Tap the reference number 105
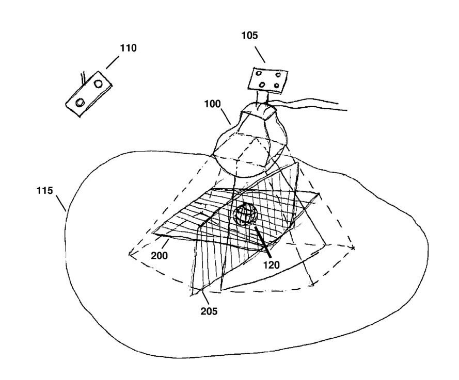pos(249,36)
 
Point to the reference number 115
pos(45,191)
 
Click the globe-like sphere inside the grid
pos(245,214)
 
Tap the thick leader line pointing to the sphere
pos(261,239)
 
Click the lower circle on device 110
pos(79,103)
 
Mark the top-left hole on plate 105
pos(258,74)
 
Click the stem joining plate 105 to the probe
pos(264,96)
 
